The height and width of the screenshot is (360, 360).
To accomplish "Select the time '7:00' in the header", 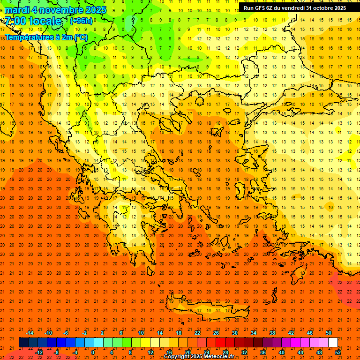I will (x=15, y=21).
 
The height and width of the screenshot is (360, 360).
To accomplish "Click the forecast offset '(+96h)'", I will (x=81, y=21).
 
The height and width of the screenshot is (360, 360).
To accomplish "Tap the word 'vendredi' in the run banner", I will (x=292, y=8).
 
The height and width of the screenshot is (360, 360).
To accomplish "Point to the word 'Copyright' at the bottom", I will (x=177, y=357).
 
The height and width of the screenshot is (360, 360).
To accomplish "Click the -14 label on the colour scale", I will (x=30, y=333).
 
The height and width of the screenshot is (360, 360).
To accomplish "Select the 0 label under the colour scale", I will (x=92, y=352).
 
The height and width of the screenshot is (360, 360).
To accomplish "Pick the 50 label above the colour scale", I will (x=328, y=333).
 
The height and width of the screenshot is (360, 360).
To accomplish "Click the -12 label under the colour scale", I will (x=39, y=352).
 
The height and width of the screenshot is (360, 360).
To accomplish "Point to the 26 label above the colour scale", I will (x=216, y=333).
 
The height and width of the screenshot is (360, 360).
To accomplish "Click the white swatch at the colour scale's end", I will (x=333, y=343).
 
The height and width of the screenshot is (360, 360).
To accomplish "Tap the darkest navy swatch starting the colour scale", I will (x=23, y=343).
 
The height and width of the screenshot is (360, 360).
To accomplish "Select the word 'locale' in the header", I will (x=45, y=21).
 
